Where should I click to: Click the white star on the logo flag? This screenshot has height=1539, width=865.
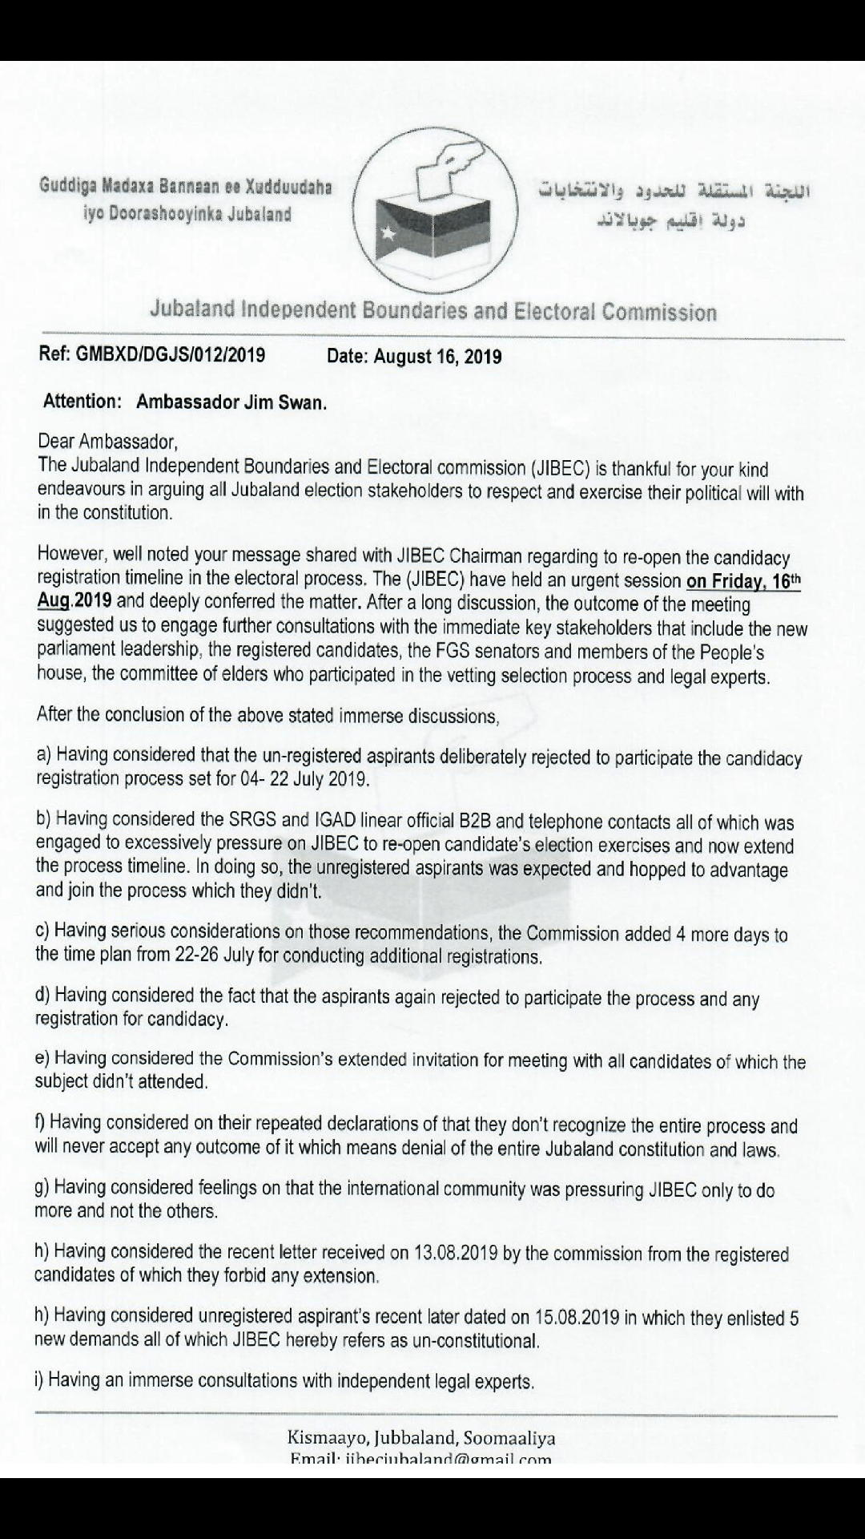(390, 233)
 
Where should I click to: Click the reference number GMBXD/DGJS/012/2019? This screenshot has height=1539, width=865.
(170, 355)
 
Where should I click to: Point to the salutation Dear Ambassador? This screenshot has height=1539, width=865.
(107, 442)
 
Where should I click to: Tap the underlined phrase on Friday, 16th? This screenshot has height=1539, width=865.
(743, 581)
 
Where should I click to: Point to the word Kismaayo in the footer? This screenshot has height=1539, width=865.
(324, 1438)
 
